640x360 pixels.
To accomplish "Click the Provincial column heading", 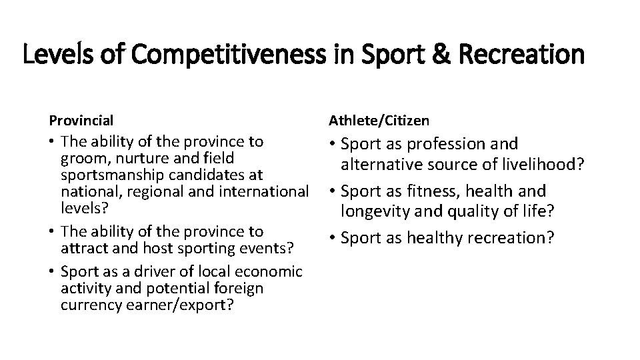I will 81,121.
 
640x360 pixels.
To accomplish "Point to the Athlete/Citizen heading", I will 379,121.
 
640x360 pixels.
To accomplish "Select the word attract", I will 80,248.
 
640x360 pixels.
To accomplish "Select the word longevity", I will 373,213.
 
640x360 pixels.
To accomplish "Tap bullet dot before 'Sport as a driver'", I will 52,271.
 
